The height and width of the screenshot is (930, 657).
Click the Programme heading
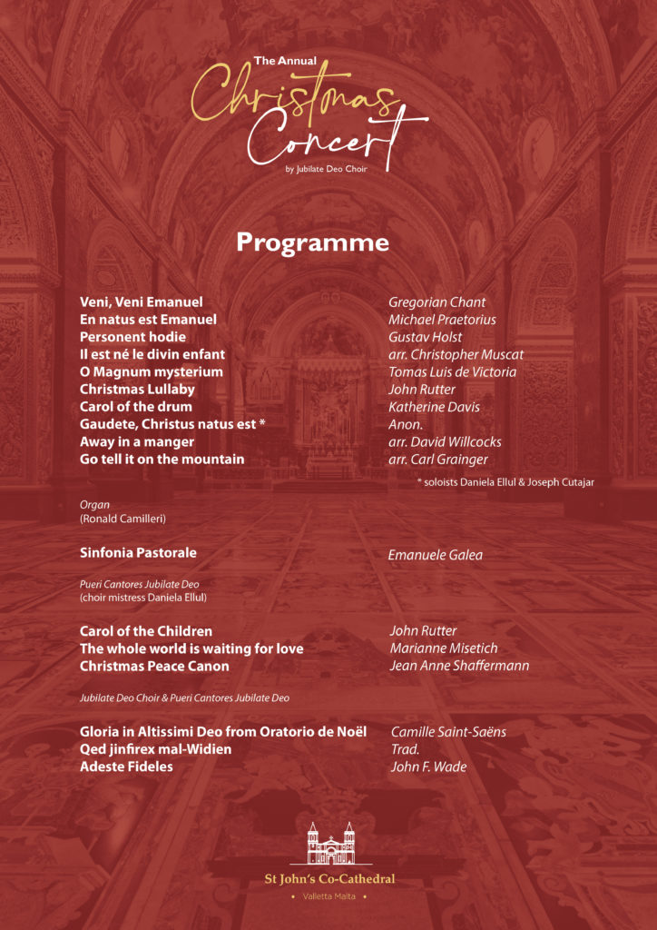(x=312, y=242)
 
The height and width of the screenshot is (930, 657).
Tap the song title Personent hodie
(x=132, y=337)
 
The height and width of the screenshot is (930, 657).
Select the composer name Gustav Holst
(x=425, y=337)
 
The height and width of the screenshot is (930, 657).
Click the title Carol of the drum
(x=136, y=407)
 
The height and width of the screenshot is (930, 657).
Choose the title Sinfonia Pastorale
(x=138, y=552)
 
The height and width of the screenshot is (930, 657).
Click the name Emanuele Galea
(x=436, y=555)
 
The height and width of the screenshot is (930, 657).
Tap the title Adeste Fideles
(x=126, y=767)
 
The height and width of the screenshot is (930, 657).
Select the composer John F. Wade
(x=428, y=767)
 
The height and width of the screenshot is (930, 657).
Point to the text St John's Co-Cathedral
(x=329, y=878)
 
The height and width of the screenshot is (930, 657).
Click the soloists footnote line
(x=505, y=482)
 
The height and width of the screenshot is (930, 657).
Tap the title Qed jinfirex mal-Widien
(x=155, y=749)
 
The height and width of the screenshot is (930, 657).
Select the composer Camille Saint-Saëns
(x=448, y=732)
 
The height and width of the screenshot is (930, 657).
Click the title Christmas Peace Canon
(x=154, y=666)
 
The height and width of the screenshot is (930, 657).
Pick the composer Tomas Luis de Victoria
(x=452, y=372)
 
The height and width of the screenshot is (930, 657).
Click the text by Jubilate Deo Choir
(x=326, y=169)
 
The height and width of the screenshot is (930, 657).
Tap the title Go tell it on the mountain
(x=162, y=460)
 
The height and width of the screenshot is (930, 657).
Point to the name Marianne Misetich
(x=444, y=648)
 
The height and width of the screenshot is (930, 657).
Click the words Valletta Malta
(x=329, y=897)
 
